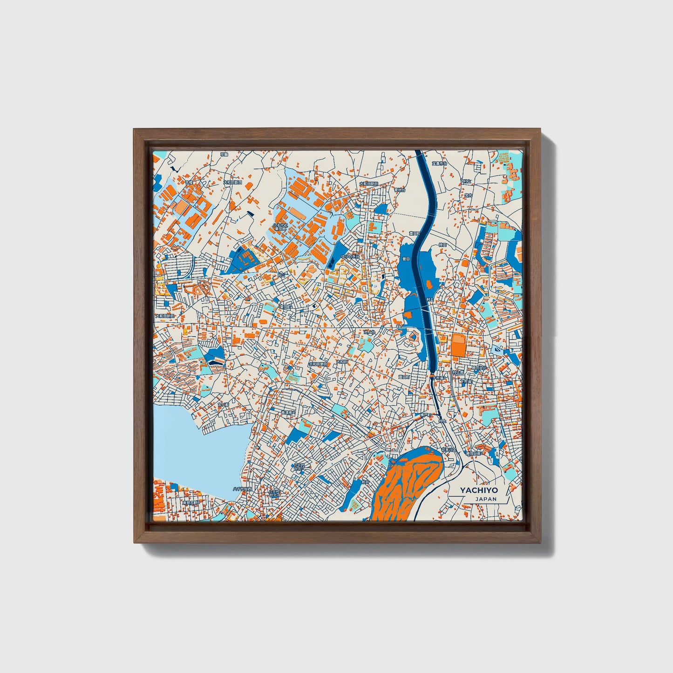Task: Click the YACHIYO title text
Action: pyautogui.click(x=479, y=490)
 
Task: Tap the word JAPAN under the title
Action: pyautogui.click(x=486, y=499)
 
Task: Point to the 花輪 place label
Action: pyautogui.click(x=224, y=154)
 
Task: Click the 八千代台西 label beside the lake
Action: pyautogui.click(x=242, y=489)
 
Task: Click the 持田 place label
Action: pyautogui.click(x=442, y=245)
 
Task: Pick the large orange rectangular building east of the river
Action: pyautogui.click(x=458, y=345)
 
